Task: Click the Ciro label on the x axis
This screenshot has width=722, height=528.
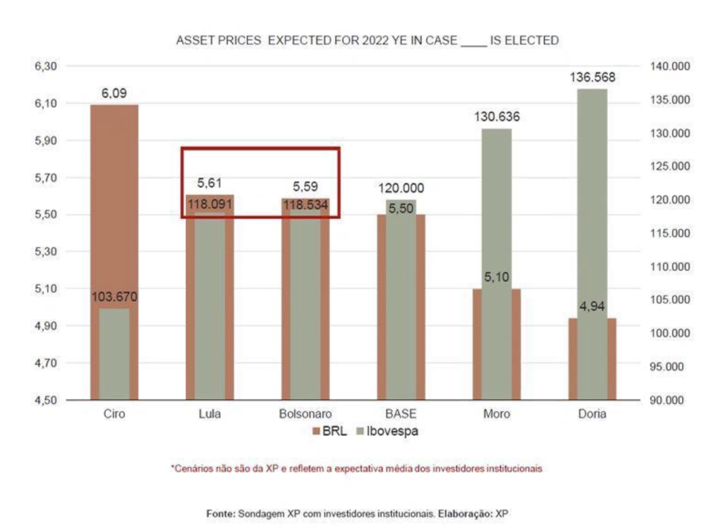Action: [114, 414]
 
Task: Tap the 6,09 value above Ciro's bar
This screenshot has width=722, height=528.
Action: [114, 93]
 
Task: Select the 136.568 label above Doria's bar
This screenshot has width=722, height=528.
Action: [592, 77]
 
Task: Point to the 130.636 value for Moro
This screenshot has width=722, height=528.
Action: [497, 117]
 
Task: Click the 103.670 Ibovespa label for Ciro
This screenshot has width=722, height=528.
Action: [114, 297]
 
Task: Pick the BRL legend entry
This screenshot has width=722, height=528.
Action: [330, 431]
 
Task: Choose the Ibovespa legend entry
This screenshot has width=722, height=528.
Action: [387, 431]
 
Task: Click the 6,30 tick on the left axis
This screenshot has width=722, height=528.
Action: [46, 66]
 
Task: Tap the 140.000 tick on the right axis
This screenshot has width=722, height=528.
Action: [669, 66]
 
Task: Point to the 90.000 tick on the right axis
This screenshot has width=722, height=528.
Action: [666, 400]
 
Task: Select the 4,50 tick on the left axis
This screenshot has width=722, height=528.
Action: [46, 400]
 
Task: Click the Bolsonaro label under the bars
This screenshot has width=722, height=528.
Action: [305, 414]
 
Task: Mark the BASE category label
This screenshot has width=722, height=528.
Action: [401, 414]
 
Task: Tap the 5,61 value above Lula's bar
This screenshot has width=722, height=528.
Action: [210, 183]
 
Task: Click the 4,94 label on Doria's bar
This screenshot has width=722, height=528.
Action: [592, 306]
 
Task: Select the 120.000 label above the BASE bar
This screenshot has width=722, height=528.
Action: [401, 188]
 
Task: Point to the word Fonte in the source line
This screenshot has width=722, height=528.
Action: [221, 514]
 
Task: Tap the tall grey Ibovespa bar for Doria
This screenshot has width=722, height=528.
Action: [592, 206]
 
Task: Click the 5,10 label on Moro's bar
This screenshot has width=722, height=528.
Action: [496, 277]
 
